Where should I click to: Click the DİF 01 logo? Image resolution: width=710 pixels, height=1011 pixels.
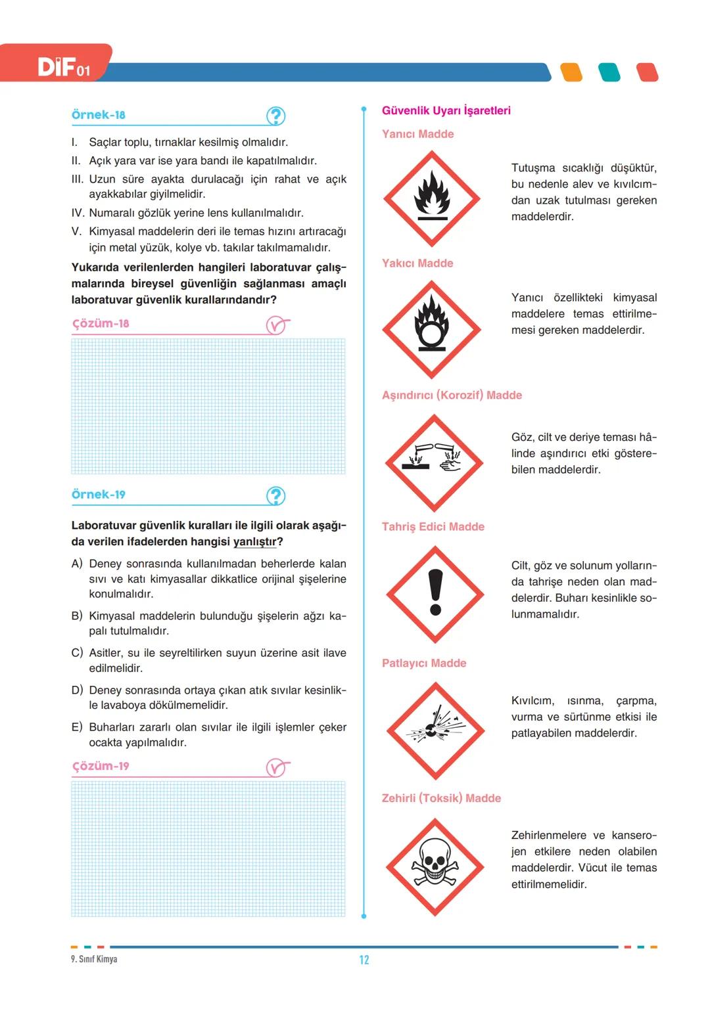[64, 68]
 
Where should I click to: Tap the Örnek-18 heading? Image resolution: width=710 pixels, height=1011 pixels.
[98, 115]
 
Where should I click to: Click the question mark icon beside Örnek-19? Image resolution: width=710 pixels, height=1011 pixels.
[275, 495]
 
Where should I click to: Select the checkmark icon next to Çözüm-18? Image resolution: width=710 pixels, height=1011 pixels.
[277, 325]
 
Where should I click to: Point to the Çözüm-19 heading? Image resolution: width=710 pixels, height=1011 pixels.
[101, 765]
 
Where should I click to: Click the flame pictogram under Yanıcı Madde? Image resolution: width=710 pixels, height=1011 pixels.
[431, 198]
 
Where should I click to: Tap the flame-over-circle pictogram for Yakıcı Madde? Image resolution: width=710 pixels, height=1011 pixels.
[431, 329]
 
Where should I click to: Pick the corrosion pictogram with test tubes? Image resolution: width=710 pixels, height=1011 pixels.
[434, 462]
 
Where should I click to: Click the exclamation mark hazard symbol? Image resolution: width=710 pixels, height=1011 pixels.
[435, 594]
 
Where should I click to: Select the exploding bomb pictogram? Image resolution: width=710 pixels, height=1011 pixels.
[435, 730]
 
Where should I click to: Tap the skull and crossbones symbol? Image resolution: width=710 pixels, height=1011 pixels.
[435, 866]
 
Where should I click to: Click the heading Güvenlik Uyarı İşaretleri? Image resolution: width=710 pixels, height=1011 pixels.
[446, 110]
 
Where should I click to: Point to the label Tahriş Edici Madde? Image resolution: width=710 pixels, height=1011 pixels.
[433, 527]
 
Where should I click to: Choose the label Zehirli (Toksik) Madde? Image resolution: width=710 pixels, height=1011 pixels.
[441, 798]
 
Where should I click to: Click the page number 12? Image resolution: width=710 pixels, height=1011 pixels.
[364, 960]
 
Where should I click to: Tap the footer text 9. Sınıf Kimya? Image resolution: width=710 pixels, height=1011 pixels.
[94, 958]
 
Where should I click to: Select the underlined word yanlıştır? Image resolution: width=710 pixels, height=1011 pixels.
[254, 541]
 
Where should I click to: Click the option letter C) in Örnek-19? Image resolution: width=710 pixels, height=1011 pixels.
[77, 652]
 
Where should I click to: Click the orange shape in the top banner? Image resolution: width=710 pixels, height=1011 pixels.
[571, 72]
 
